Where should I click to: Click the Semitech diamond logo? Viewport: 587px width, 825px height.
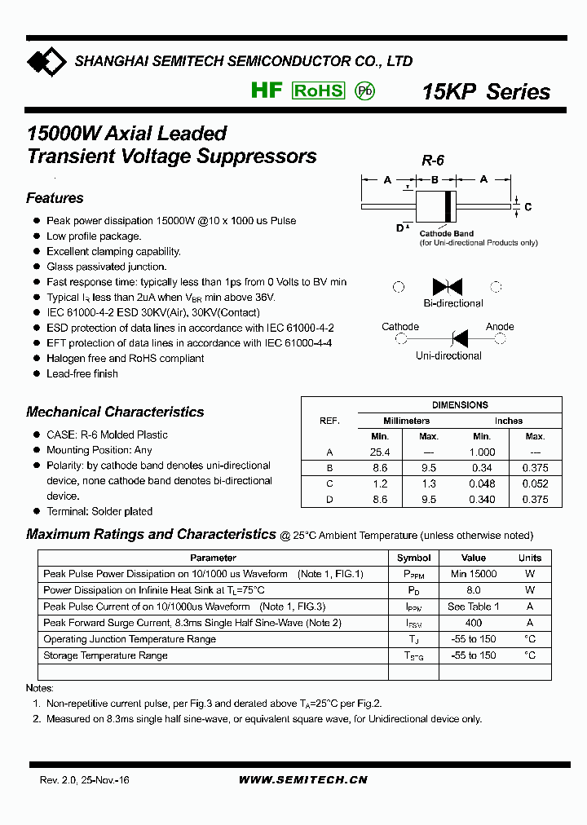[46, 61]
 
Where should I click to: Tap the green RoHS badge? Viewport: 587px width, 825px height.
[318, 90]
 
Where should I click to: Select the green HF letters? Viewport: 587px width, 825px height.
[266, 90]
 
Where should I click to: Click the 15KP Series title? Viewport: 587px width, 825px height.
[486, 92]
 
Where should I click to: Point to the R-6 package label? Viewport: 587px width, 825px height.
[432, 161]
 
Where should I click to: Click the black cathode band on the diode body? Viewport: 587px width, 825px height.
[448, 206]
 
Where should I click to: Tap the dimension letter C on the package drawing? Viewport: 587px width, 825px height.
[527, 207]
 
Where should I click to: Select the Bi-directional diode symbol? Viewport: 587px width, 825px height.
[448, 286]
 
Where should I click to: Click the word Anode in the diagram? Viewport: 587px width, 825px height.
[500, 326]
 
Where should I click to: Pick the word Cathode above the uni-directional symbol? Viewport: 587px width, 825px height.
[400, 326]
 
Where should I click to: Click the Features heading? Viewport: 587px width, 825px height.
[55, 198]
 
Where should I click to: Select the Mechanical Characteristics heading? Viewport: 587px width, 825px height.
[115, 412]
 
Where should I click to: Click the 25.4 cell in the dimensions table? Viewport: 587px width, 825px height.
[381, 452]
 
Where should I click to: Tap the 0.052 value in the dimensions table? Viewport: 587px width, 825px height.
[535, 484]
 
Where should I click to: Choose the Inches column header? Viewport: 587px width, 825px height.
[508, 421]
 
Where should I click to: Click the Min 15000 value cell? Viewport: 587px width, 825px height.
[473, 574]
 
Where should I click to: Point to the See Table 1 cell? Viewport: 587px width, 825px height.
[473, 607]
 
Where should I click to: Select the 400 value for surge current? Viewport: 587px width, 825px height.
[473, 623]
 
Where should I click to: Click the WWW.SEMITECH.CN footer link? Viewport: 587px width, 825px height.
[302, 780]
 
